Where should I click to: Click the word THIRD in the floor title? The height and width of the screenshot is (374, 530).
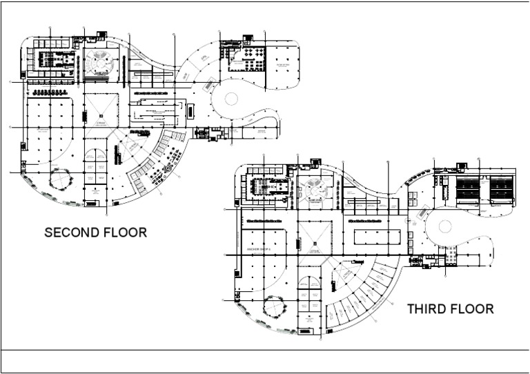[x=428, y=309]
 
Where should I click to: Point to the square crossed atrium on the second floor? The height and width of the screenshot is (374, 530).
[x=101, y=110]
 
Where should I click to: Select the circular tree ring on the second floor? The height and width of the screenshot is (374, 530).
[x=61, y=181]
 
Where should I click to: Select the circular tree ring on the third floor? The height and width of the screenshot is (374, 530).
[x=275, y=304]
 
